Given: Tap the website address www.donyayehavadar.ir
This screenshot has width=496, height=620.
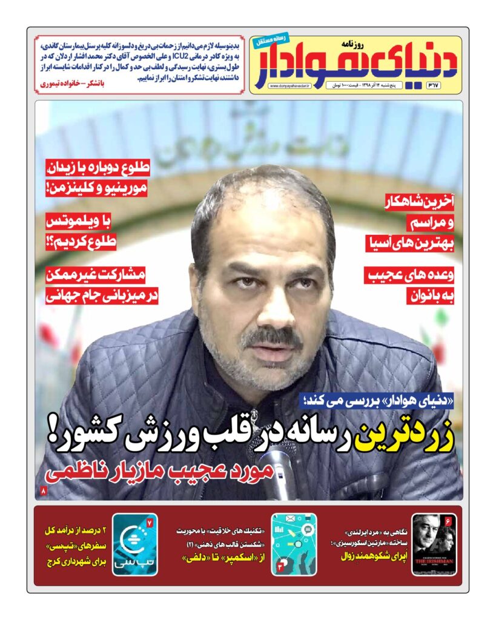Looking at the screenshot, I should click(289, 87).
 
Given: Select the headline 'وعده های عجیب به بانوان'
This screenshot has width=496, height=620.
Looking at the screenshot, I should click(413, 285).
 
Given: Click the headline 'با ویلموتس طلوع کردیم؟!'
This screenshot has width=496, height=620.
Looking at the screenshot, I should click(81, 231).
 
